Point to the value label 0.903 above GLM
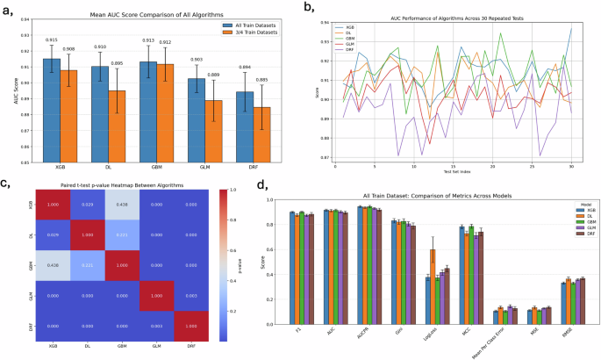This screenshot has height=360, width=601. click(x=197, y=60)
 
